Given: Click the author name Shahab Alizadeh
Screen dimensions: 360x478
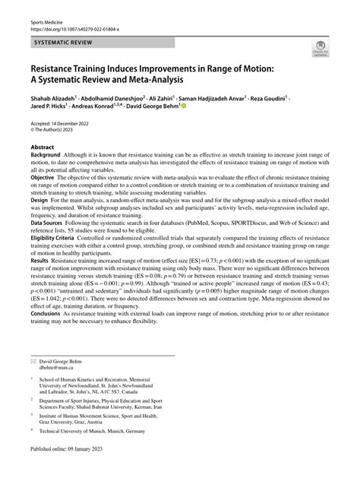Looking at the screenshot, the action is pos(55,99).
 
